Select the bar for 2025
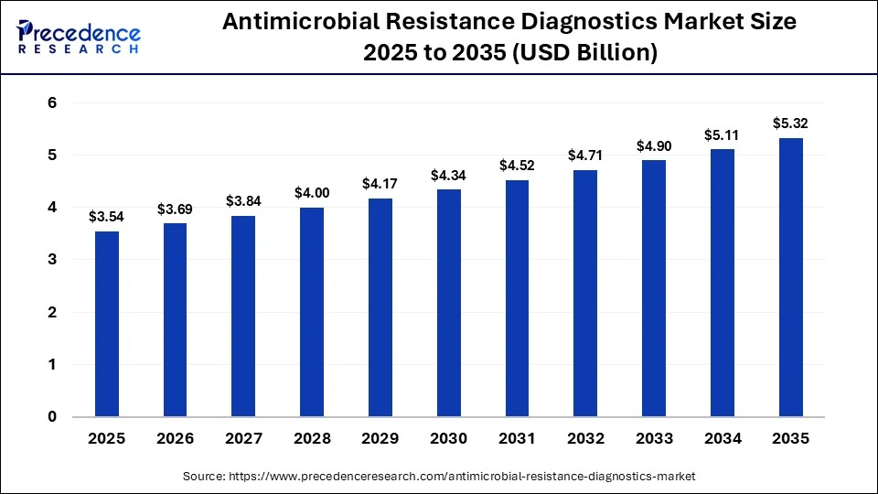click(x=107, y=324)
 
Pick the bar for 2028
click(x=312, y=312)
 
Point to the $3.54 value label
click(x=107, y=217)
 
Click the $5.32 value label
click(x=790, y=123)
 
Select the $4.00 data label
click(x=312, y=193)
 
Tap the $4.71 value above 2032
click(x=585, y=156)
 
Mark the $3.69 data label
click(x=176, y=209)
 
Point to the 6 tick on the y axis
click(x=52, y=103)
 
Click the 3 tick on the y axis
click(x=52, y=260)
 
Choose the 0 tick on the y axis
click(x=52, y=417)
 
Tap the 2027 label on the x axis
click(x=243, y=439)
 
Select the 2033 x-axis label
click(x=654, y=439)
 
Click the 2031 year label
click(x=517, y=439)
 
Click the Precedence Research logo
click(x=79, y=37)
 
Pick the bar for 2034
click(x=723, y=283)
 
